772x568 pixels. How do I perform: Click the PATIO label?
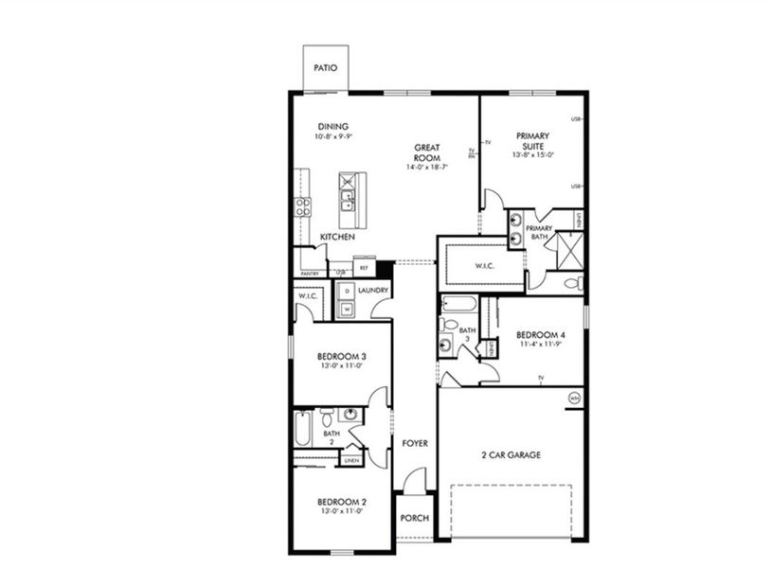[326, 68]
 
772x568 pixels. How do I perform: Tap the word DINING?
[332, 126]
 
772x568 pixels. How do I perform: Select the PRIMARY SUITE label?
[532, 141]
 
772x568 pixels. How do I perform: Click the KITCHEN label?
[337, 237]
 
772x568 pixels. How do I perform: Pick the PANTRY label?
[309, 274]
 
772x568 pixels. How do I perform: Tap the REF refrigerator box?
[363, 268]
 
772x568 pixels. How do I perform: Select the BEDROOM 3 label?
[341, 356]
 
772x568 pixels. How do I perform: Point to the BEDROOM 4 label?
[541, 334]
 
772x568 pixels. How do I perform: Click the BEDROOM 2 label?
[341, 501]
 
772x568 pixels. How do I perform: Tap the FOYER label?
[414, 443]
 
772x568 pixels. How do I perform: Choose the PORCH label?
[414, 518]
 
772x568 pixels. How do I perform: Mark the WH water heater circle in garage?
[573, 399]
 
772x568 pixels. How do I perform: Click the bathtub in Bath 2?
[302, 429]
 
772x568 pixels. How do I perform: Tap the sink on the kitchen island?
[348, 201]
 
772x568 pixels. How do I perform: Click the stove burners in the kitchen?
[303, 206]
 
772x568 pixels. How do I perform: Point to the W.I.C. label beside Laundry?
[307, 295]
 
